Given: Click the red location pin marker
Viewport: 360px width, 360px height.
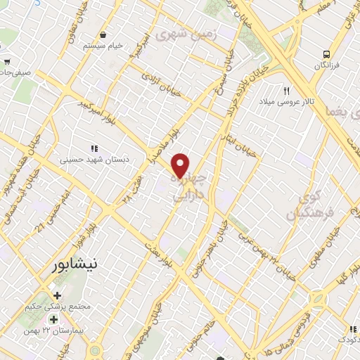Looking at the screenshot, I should pos(181,165).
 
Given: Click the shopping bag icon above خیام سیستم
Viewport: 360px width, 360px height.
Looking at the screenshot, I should pos(103,34).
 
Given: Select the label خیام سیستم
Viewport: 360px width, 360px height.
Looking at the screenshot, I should pos(103,46).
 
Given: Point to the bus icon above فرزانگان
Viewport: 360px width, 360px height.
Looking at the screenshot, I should pos(326,54).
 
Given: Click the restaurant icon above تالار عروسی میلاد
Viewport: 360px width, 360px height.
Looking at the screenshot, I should pos(286,91).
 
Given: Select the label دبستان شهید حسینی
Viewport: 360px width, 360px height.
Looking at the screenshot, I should pos(92,160).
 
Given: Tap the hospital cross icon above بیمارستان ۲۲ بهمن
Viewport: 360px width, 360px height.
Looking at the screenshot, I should pos(53,320).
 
